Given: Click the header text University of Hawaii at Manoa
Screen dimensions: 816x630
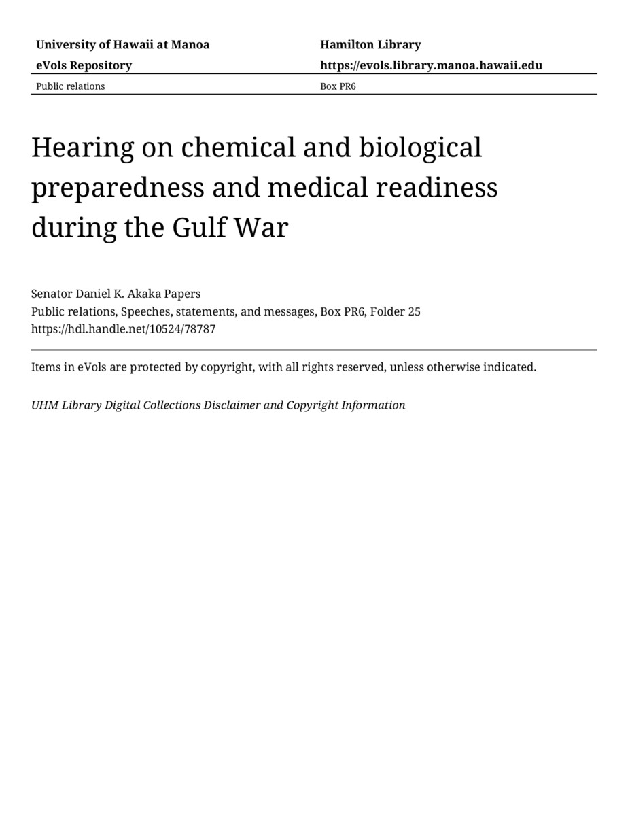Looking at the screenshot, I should tap(122, 45).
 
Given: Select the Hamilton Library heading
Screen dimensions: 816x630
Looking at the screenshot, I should tap(370, 45).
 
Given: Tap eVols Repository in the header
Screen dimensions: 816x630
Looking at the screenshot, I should tap(84, 65).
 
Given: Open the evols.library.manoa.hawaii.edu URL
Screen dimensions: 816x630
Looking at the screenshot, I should tap(431, 65).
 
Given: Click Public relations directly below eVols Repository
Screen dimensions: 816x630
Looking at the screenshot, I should tap(70, 86).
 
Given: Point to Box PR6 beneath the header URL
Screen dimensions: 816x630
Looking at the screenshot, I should tap(338, 86).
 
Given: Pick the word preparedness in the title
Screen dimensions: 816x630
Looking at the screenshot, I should tap(117, 188).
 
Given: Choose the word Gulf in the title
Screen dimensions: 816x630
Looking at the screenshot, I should tap(198, 228).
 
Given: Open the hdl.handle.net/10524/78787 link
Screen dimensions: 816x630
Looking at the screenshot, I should tap(123, 329).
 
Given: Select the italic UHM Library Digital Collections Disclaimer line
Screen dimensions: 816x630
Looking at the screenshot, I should tap(218, 405).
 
